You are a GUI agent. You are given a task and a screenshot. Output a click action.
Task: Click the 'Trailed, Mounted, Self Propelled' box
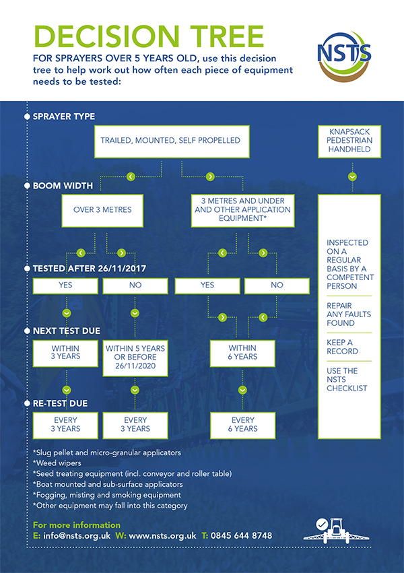coord(170,141)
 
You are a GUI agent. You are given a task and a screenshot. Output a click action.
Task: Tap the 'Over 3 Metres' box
coord(102,209)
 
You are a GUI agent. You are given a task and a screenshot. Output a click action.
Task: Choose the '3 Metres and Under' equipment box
coord(242,209)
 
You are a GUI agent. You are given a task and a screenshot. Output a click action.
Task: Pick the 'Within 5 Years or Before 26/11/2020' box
coord(135,358)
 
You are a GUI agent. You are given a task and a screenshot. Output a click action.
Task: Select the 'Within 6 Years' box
coord(242,351)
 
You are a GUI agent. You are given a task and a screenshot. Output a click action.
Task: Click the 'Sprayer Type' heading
coord(64,116)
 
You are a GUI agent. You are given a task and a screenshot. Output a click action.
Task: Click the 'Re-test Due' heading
coord(61,404)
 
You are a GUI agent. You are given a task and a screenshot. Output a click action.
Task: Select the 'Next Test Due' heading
coord(66,331)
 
